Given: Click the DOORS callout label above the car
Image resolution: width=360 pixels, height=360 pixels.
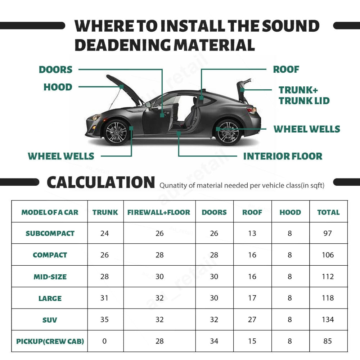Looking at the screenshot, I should point(55,69).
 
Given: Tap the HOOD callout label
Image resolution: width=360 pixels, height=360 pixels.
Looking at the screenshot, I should point(58,87).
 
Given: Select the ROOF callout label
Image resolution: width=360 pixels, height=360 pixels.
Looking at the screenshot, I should point(286,69).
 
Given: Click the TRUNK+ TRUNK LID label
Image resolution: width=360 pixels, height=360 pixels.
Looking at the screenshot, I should point(304,95).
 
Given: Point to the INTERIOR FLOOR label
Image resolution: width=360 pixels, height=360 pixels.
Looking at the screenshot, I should point(283,156).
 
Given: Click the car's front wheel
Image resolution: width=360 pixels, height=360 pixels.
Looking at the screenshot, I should point(116,132).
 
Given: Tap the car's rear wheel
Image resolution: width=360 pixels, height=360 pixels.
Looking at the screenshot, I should point(228,132).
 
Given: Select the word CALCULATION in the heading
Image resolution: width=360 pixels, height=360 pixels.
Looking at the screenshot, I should point(101,183).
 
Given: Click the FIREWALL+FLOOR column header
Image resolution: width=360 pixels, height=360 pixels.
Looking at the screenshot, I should point(159,212).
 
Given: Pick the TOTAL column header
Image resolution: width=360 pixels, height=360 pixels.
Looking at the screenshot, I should point(328,212).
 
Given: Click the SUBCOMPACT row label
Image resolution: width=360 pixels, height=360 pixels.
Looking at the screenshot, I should point(50,233).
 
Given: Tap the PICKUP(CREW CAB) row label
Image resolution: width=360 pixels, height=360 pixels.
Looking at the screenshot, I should point(50,341).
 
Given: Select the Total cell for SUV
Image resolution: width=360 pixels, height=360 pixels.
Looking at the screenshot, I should point(328,319).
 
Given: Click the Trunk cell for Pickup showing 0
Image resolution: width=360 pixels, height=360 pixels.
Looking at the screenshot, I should point(104,341).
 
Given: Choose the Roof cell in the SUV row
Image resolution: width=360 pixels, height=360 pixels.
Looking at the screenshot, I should point(252,319).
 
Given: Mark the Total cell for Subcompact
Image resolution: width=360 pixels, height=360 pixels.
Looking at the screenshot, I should point(328,233).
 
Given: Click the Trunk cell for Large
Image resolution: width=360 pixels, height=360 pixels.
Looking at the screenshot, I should point(104,298).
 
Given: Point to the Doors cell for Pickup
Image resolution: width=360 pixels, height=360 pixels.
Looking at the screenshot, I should point(214,341).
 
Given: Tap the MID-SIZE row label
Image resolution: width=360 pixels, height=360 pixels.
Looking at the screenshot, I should point(50,276).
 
